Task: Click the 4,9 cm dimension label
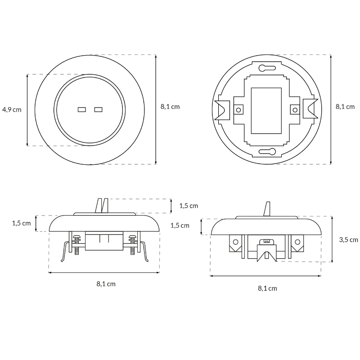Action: pos(12,110)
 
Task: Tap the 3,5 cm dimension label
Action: pos(348,240)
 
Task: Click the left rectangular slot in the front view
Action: pos(82,109)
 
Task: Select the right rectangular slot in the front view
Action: pos(98,109)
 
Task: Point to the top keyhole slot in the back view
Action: pos(267,68)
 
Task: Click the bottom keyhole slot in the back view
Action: pos(267,152)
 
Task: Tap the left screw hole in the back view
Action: pos(238,110)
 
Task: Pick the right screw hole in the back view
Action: pos(295,110)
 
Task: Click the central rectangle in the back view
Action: pos(266,111)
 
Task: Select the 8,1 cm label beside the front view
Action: pos(170,107)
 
